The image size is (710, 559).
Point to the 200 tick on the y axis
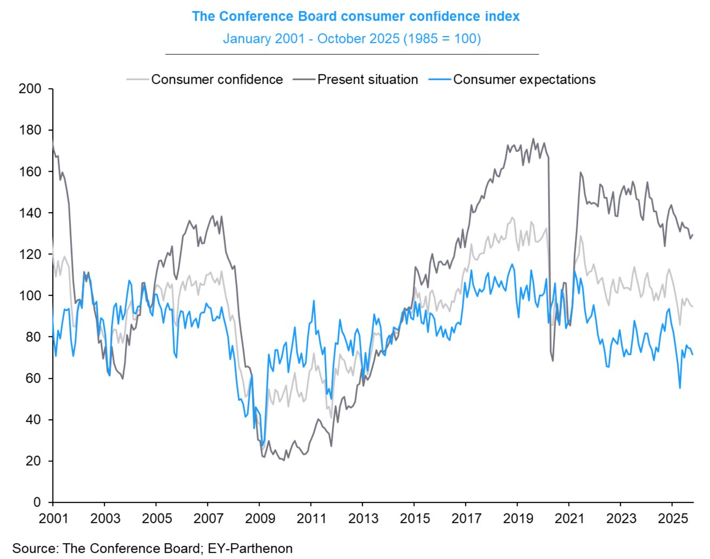click(x=30, y=89)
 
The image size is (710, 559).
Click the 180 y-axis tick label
click(x=30, y=130)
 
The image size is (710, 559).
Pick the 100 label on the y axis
click(x=30, y=296)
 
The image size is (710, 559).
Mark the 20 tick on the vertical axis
click(x=33, y=461)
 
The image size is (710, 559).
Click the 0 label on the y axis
click(x=37, y=502)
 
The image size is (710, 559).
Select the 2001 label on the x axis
click(x=53, y=519)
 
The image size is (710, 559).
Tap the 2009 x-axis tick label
click(x=260, y=519)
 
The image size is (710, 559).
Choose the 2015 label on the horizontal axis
click(x=414, y=519)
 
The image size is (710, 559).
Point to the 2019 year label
click(x=518, y=519)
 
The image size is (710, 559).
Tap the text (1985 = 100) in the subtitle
click(x=442, y=39)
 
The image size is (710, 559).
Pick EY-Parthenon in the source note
click(x=250, y=548)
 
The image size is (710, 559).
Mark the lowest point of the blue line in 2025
click(x=680, y=388)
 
